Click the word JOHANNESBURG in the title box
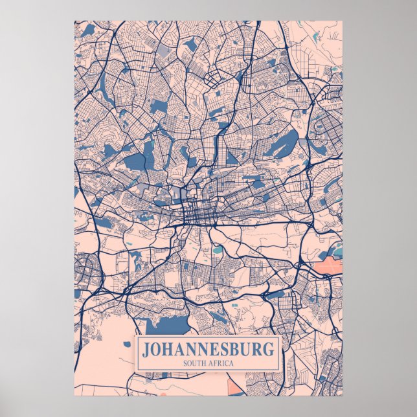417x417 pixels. tap(208, 350)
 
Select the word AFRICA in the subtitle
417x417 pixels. tap(221, 363)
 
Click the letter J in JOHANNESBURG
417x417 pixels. tap(146, 350)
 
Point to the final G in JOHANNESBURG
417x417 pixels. tap(269, 350)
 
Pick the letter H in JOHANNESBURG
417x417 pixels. tap(170, 350)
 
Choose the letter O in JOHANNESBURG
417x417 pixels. tap(157, 350)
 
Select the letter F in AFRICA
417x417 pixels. tap(215, 363)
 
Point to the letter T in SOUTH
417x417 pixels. tap(197, 363)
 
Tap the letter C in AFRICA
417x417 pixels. tap(226, 363)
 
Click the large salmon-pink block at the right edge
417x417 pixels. tap(327, 266)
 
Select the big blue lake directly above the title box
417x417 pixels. tap(165, 324)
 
